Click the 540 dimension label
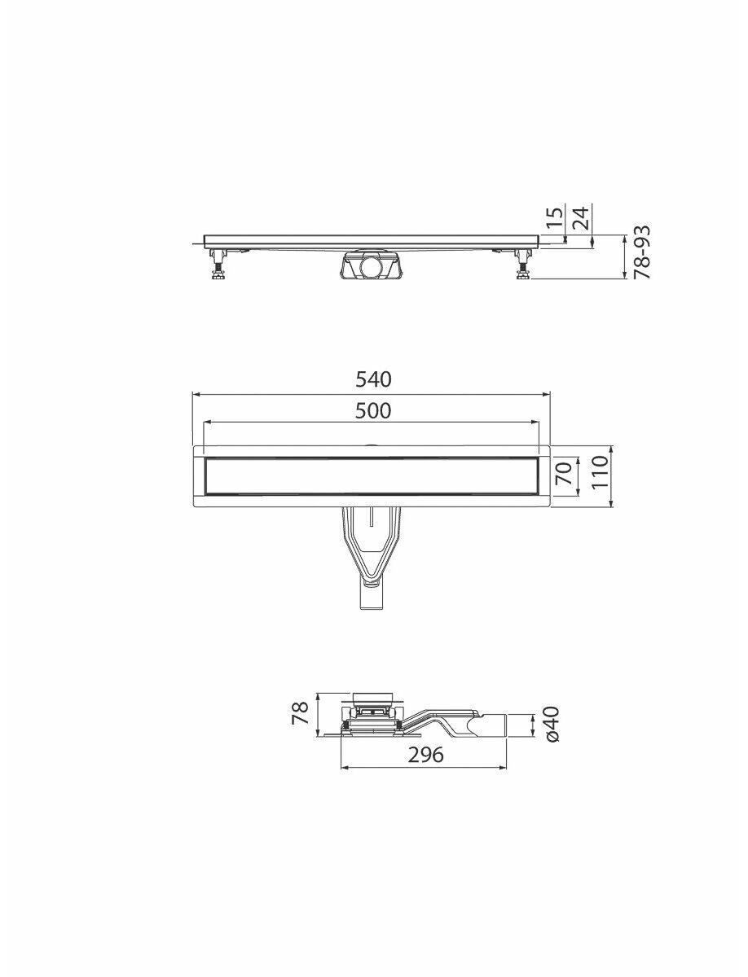tap(373, 379)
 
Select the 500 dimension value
tap(373, 411)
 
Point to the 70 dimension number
tap(564, 474)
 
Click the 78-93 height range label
tap(642, 252)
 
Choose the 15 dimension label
tap(555, 217)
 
